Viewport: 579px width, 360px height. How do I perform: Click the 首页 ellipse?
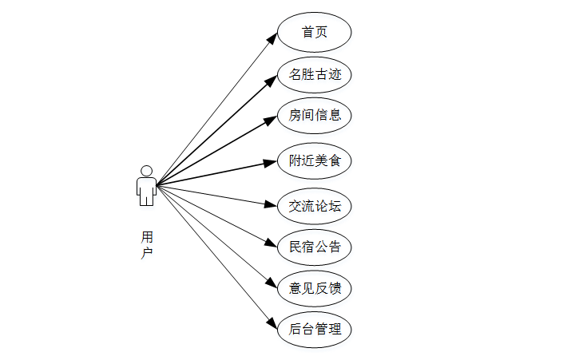[315, 33]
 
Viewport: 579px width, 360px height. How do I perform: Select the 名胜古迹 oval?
[315, 75]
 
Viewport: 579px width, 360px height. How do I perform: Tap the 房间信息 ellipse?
[315, 115]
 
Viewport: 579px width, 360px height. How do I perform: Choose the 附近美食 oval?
[315, 160]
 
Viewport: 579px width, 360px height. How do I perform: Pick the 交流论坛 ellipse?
[315, 206]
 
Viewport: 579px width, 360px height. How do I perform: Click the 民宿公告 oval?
[315, 247]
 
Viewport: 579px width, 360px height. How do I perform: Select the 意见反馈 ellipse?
[315, 288]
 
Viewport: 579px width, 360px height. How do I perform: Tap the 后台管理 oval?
[315, 329]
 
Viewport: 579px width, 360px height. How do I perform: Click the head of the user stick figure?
[146, 171]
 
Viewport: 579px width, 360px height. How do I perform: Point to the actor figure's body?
[146, 190]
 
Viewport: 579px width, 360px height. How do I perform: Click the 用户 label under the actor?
[147, 244]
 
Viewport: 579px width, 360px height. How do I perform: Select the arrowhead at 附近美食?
[272, 162]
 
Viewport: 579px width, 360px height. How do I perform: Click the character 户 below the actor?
[147, 252]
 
